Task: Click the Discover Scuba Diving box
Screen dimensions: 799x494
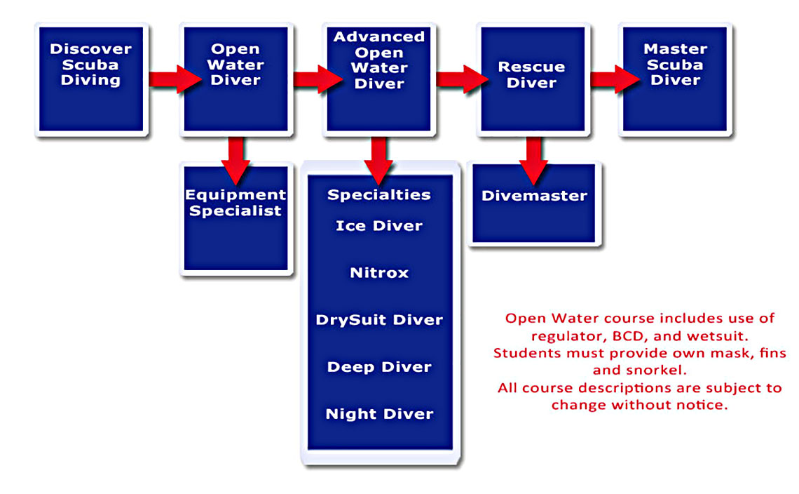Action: (x=91, y=79)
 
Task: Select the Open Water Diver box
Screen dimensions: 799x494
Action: (x=236, y=79)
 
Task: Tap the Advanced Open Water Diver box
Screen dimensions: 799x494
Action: (x=379, y=79)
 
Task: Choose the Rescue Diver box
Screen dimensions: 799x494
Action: (x=533, y=79)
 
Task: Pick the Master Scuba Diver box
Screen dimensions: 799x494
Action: (x=675, y=79)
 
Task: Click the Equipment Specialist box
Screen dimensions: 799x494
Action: (x=236, y=218)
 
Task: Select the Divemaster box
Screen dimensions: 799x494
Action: (x=534, y=203)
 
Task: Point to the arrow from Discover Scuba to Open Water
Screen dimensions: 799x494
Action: (x=175, y=79)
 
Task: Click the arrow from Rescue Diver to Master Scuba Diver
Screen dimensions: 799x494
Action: (x=615, y=79)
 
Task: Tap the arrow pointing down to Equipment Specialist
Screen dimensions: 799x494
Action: (x=236, y=160)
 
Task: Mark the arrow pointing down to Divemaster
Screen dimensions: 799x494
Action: (x=533, y=160)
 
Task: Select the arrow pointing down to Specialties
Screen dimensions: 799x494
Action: (x=378, y=160)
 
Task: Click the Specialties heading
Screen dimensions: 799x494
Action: (x=379, y=194)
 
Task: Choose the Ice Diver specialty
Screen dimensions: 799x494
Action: (x=379, y=225)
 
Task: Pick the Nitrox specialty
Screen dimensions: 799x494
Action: (x=379, y=272)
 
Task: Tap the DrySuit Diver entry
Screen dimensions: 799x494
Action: (x=379, y=320)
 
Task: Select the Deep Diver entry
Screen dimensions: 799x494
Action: (x=379, y=367)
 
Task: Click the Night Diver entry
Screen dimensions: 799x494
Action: (x=379, y=414)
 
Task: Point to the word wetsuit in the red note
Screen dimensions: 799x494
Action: (x=716, y=336)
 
